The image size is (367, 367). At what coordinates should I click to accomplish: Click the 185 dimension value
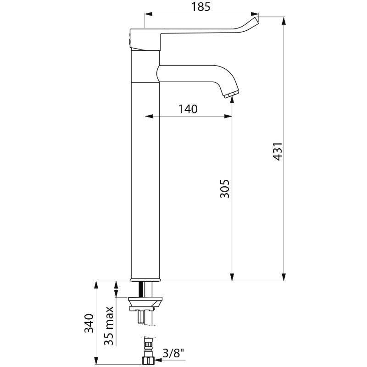pos(201,7)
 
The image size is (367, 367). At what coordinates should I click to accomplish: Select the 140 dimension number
pos(188,109)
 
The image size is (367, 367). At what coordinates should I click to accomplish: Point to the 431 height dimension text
pos(278,151)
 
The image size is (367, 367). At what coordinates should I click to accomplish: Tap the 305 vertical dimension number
pos(225,188)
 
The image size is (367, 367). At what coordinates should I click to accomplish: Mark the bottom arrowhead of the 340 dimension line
pos(96,359)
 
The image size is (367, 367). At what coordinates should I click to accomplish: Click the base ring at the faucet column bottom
pos(146,279)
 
